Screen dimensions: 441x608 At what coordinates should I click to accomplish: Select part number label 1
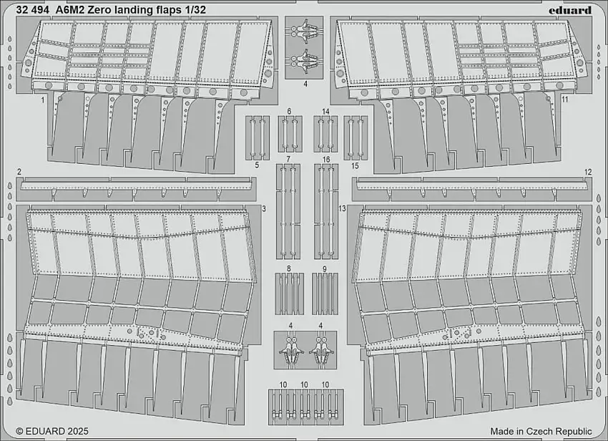click(x=43, y=102)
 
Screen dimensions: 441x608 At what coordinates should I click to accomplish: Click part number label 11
click(x=565, y=100)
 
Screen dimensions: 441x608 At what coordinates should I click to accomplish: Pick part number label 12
click(x=588, y=172)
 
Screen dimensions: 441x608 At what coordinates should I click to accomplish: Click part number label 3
click(x=264, y=208)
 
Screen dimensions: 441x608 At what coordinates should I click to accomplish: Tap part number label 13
click(x=342, y=208)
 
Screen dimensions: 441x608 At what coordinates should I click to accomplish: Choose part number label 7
click(x=288, y=158)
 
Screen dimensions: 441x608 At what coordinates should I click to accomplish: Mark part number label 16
click(x=325, y=158)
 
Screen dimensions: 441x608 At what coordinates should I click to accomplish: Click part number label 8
click(x=288, y=268)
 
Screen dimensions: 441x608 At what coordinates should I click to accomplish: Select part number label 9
click(x=325, y=268)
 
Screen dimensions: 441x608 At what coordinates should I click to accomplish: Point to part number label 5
click(x=256, y=165)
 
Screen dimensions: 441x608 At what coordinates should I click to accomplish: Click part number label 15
click(x=355, y=165)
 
